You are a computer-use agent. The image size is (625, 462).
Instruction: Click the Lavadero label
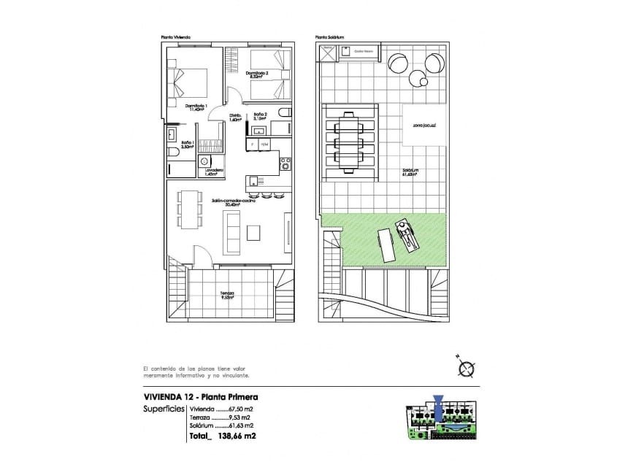(x=214, y=172)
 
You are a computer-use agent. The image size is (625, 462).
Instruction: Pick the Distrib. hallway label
(x=235, y=118)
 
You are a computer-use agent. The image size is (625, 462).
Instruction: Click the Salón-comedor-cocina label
(x=233, y=202)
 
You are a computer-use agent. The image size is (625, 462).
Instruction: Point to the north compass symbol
(x=466, y=367)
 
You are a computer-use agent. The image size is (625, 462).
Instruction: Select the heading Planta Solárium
(x=329, y=37)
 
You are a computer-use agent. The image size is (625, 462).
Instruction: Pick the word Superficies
(x=164, y=409)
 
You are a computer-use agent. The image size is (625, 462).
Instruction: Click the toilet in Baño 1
(x=172, y=155)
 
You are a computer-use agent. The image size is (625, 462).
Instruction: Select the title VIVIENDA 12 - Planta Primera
(x=202, y=397)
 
